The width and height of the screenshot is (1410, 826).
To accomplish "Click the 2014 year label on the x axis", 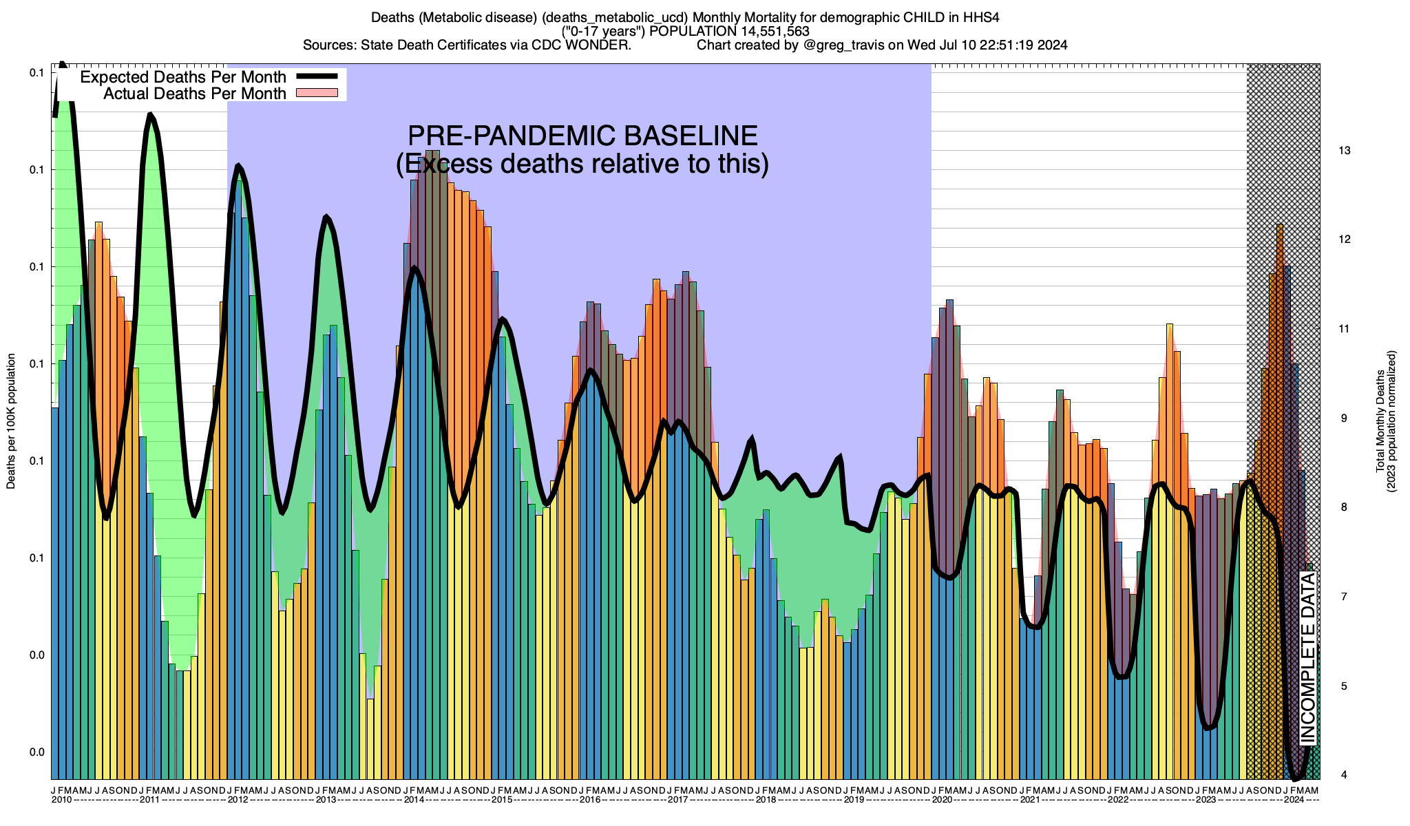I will (414, 800).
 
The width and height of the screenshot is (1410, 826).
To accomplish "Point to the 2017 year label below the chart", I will (678, 800).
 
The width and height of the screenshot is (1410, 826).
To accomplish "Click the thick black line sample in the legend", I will (317, 77).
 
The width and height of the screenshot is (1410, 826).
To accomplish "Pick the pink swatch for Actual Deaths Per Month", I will (317, 93).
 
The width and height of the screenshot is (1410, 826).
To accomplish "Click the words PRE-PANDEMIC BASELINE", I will (582, 136).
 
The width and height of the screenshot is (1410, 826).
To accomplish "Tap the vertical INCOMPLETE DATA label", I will (1307, 657).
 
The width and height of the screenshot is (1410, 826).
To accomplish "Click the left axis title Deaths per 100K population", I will (11, 421).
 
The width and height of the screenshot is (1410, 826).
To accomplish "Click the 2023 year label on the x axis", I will (1206, 800).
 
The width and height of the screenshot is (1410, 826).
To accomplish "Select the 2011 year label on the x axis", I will (149, 800).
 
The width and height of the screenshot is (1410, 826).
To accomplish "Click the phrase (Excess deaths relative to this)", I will (582, 164).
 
